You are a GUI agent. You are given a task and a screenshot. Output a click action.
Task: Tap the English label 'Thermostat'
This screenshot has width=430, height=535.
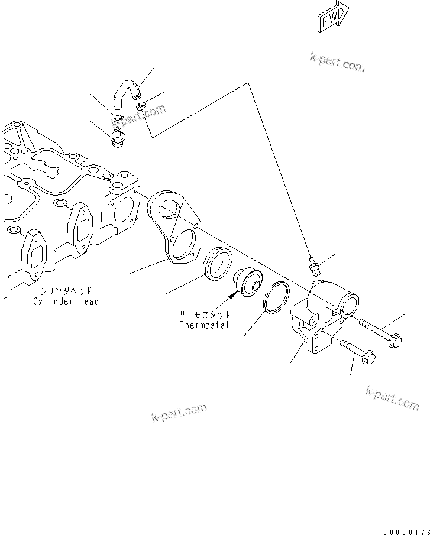(x=204, y=325)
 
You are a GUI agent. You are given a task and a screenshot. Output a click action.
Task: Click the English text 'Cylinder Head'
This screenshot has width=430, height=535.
(x=66, y=301)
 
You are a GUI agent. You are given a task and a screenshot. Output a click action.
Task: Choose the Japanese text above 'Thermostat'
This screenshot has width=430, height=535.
(x=204, y=315)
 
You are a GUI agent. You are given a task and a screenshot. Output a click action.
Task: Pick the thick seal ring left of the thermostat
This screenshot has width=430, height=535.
(x=217, y=261)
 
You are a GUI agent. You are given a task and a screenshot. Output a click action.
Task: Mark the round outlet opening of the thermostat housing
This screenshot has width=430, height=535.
(x=348, y=306)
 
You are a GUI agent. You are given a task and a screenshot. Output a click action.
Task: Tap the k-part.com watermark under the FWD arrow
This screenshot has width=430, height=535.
(x=337, y=61)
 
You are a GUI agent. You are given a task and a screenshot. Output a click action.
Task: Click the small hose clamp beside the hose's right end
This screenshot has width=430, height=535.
(x=141, y=106)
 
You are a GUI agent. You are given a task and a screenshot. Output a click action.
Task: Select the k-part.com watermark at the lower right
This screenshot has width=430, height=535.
(x=392, y=398)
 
